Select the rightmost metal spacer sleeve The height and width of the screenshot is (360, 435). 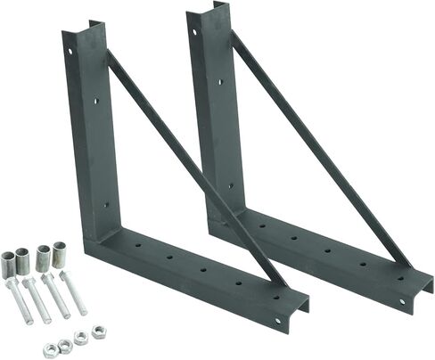click(61, 253)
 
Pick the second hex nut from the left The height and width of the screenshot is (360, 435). click(65, 344)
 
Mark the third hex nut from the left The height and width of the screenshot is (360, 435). click(80, 337)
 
